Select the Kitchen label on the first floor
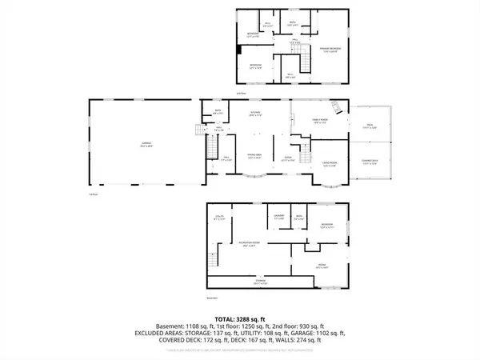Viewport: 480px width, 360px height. [256, 113]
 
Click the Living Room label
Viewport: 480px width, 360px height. [329, 165]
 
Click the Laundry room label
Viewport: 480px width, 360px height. [280, 217]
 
